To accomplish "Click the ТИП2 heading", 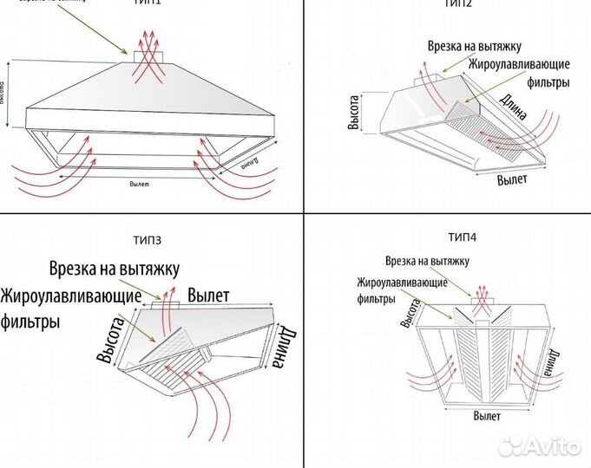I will point(456,4).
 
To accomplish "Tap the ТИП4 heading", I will point(463,237).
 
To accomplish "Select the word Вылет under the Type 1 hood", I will point(140,184).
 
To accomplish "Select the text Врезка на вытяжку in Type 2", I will point(474,45).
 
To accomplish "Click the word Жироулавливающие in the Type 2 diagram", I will point(518,66).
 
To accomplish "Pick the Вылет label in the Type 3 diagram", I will point(208,295).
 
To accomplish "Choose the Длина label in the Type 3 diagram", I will point(282,347).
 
